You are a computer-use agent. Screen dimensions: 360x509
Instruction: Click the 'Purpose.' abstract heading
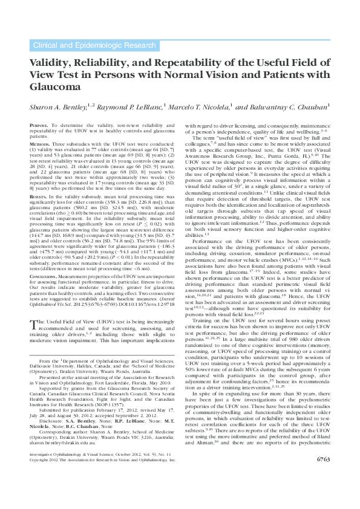coord(39,125)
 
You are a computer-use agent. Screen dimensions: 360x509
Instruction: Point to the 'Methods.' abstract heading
coord(39,145)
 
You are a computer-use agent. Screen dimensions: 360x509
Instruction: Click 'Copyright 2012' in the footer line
coord(47,493)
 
